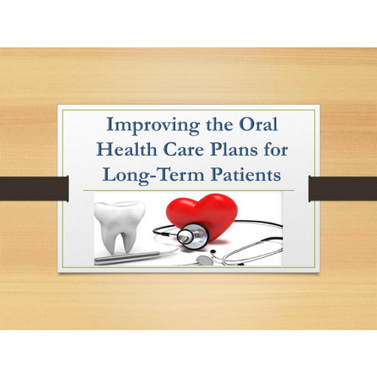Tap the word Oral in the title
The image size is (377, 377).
259,124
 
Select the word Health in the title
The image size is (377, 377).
127,149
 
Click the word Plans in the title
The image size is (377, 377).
234,149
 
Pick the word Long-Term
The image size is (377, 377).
153,176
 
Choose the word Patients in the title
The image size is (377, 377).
246,174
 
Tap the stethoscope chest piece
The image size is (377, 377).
192,236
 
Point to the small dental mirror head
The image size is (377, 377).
204,260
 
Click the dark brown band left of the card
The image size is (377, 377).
34,188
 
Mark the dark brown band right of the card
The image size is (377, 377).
343,188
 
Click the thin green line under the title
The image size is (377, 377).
188,191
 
